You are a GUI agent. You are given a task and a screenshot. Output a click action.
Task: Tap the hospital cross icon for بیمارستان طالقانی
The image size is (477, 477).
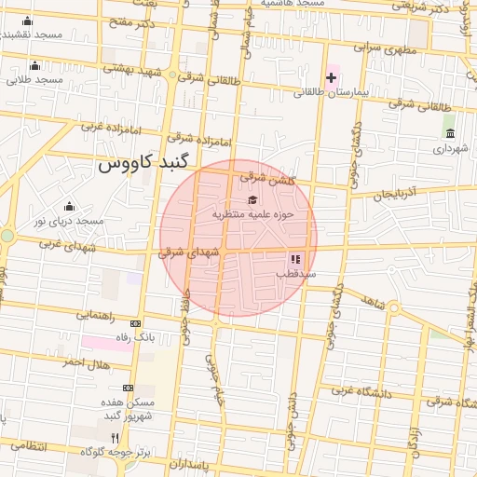332,76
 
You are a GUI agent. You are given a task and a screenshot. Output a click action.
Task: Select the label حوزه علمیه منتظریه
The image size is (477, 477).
252,214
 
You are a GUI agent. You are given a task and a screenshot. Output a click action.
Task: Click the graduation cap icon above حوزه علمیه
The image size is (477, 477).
252,199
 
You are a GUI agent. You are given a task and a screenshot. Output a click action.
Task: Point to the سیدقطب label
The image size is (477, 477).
296,275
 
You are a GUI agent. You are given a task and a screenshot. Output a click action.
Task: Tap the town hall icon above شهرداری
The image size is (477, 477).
451,133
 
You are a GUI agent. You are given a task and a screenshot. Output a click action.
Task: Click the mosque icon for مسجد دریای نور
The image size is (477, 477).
69,206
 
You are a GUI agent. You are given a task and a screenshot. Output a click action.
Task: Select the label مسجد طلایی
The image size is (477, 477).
35,80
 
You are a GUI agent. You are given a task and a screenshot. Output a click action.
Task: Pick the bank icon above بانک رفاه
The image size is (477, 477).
137,321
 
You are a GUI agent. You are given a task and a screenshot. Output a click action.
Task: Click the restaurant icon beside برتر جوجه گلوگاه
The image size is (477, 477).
115,437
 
